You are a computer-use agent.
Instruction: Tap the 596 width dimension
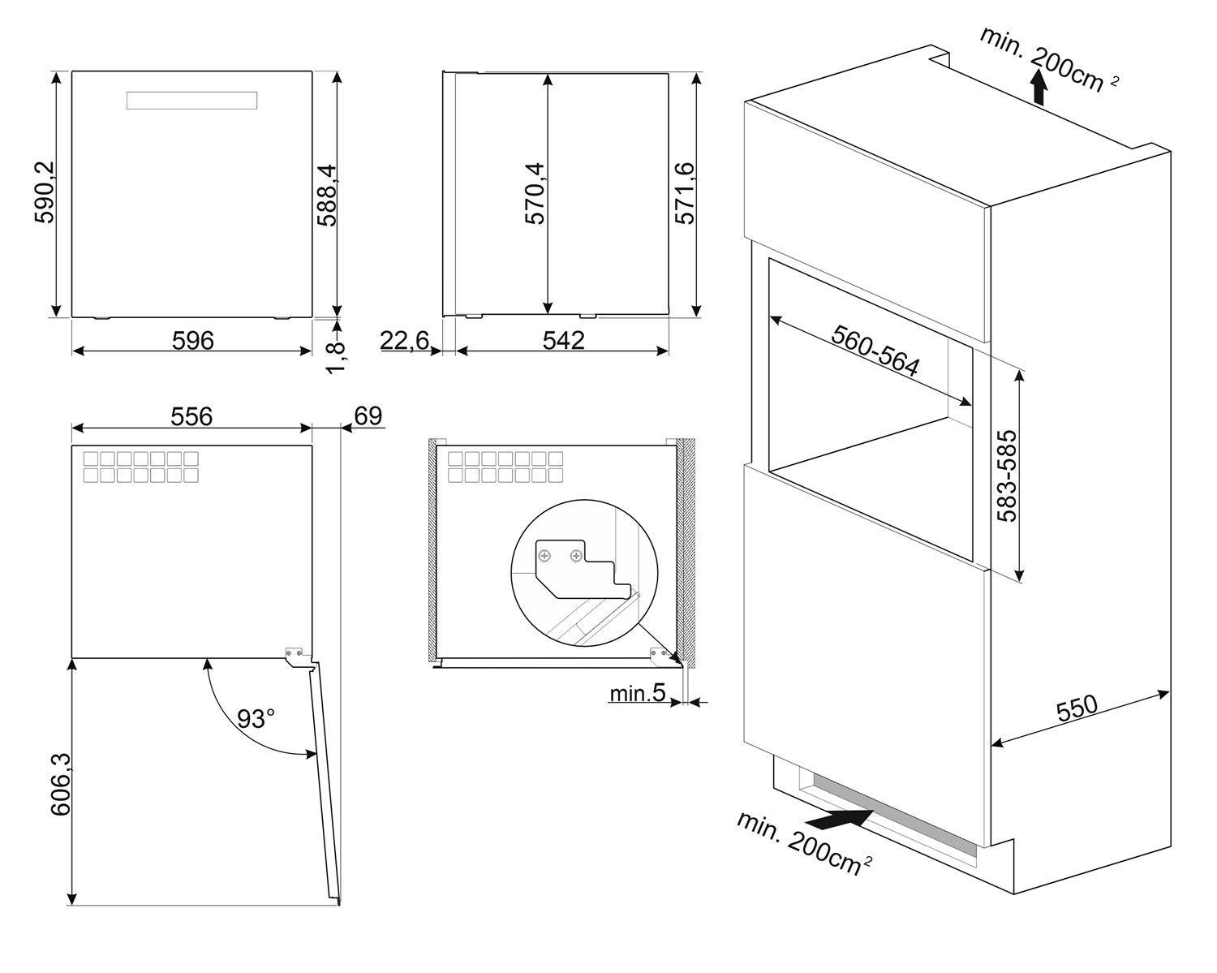click(193, 340)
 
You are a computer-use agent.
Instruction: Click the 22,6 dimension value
click(405, 341)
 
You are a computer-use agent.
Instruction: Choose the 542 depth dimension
click(563, 340)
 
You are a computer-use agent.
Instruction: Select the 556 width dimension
click(191, 416)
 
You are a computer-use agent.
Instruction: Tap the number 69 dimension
click(368, 415)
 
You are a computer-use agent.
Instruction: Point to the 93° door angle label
click(256, 718)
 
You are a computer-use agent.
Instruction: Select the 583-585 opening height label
click(1006, 476)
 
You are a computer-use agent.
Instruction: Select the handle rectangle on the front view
click(192, 101)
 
